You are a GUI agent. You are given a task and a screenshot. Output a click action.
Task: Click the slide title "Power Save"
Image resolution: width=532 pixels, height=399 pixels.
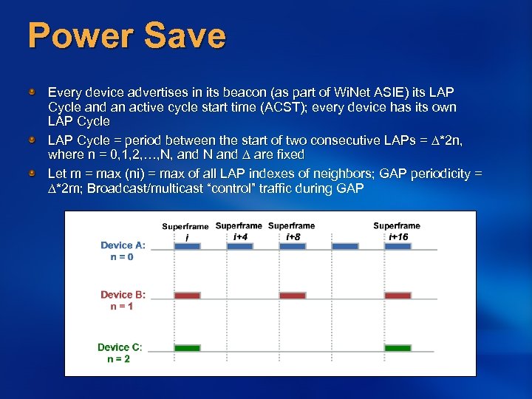click(x=126, y=35)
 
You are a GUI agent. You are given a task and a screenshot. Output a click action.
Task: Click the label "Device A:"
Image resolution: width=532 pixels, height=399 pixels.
click(x=123, y=245)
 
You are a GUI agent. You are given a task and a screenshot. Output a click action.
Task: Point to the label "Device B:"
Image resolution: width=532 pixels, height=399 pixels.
click(x=123, y=295)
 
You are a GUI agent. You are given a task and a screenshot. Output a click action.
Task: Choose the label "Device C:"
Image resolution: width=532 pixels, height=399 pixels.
click(x=120, y=347)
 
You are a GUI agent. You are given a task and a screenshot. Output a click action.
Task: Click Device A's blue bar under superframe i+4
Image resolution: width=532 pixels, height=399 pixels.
click(x=239, y=247)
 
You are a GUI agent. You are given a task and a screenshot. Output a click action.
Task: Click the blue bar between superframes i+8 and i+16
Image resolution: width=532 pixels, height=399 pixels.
click(x=344, y=247)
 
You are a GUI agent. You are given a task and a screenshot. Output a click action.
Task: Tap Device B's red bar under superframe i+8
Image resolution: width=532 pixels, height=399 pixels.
click(x=293, y=296)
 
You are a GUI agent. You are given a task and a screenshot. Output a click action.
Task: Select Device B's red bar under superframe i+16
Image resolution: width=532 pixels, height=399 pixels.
click(x=398, y=296)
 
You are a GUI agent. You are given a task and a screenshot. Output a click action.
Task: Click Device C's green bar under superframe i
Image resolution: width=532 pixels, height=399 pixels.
click(x=187, y=347)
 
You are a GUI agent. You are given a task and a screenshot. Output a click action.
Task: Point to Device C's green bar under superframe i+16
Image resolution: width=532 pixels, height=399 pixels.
click(x=398, y=347)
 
